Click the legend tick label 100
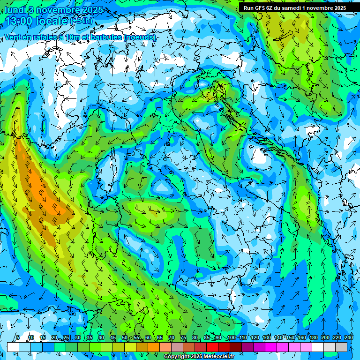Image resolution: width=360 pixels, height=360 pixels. [231, 338]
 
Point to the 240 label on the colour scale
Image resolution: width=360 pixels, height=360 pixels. [348, 338]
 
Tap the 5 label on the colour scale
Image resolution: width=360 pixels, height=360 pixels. [18, 338]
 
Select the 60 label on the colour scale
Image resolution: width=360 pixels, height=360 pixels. [148, 338]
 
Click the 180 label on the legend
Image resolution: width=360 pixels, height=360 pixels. [313, 338]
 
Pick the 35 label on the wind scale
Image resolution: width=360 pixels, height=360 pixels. [90, 338]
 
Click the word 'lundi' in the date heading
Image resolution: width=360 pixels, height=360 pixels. [15, 10]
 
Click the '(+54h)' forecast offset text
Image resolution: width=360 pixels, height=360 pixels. [81, 22]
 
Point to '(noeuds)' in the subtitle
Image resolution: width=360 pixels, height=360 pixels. [140, 37]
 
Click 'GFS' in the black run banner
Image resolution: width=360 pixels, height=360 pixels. [259, 8]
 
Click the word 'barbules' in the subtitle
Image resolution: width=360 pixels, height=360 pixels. [110, 37]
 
